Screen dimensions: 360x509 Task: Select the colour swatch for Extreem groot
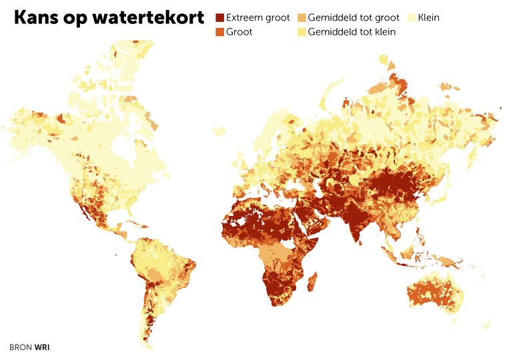coord(219,18)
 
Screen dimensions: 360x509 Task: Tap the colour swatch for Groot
coord(219,31)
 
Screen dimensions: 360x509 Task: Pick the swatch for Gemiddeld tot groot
coord(302,18)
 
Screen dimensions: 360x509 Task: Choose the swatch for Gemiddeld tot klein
coord(302,31)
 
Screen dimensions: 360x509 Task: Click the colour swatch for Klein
coord(412,18)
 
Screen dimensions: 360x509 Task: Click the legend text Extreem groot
coord(258,18)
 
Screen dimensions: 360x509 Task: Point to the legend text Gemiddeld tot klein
coord(352,31)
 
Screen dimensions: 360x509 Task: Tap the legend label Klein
coord(429,18)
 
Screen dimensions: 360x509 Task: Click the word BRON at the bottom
coord(21,347)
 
